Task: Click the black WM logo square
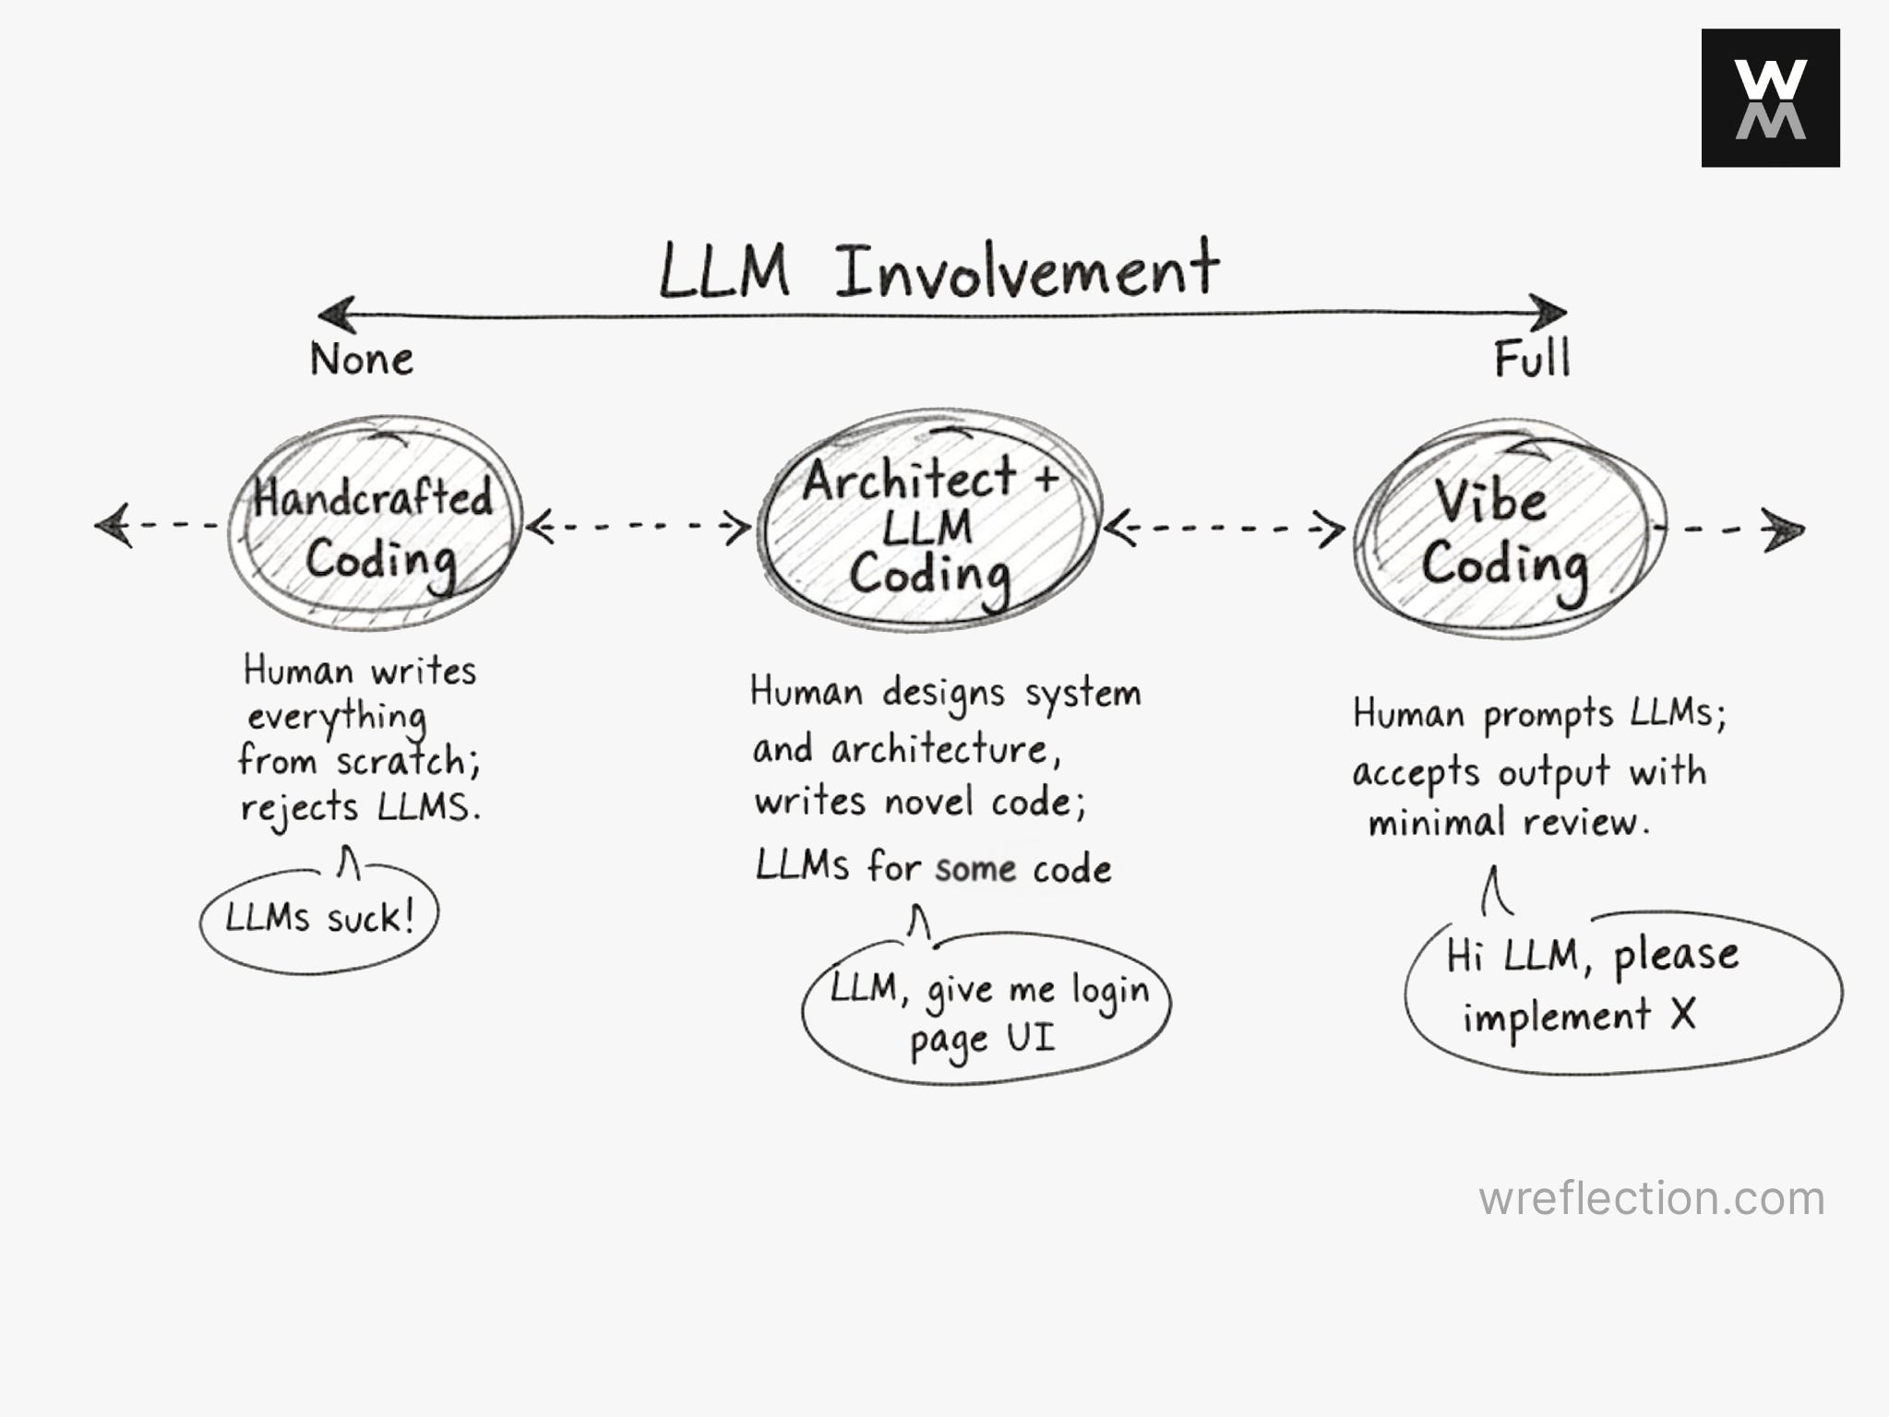(1770, 98)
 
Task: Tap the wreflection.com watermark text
(1651, 1198)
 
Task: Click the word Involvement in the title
(1026, 270)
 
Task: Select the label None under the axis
(362, 359)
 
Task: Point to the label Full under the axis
(1532, 359)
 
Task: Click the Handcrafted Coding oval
(375, 524)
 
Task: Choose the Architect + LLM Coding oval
(928, 522)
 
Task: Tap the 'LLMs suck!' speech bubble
(319, 919)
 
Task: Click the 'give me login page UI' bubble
(986, 1011)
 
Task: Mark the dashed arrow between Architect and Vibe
(1224, 530)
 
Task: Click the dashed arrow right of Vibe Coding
(1731, 530)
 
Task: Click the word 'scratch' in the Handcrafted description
(400, 761)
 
